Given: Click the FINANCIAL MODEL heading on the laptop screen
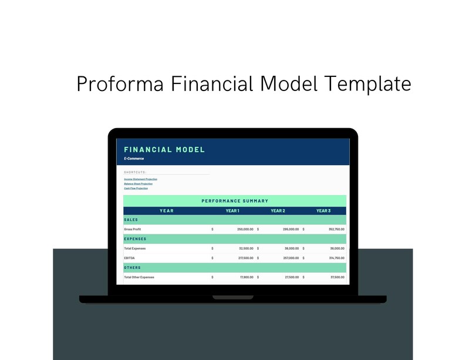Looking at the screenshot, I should pos(164,150).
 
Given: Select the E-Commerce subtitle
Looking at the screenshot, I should pos(134,159).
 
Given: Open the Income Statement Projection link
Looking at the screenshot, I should pos(140,179).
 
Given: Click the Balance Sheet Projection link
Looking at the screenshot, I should pos(138,183).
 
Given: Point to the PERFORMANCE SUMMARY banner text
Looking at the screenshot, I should pos(235,201).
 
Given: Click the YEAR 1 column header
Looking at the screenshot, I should pos(232,210).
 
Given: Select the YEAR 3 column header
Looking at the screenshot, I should pos(323,210).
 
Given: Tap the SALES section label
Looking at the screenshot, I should pos(131,220).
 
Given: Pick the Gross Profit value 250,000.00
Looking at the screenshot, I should pos(245,229).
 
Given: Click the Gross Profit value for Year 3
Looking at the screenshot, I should pos(337,229).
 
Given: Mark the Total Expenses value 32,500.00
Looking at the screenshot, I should pos(246,248).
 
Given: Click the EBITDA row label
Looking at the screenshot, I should pos(129,258).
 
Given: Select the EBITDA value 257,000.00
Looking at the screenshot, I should pos(291,258).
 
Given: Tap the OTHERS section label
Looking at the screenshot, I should pos(132,267).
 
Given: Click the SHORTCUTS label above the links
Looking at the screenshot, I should pos(135,172).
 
